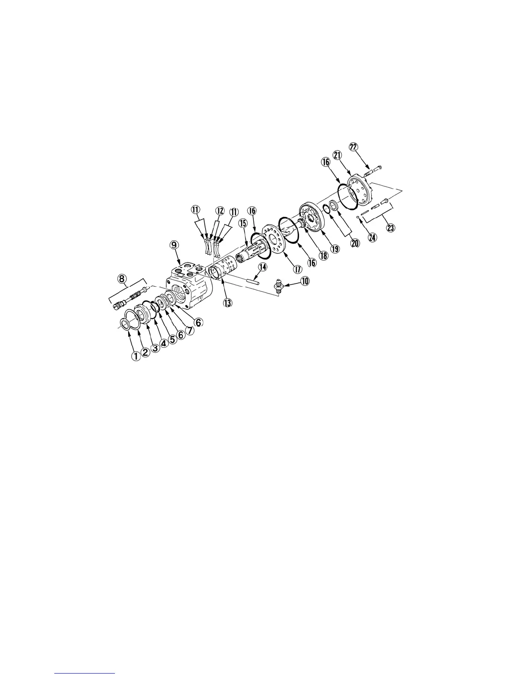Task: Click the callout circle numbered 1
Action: (x=136, y=356)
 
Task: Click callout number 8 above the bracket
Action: (x=123, y=279)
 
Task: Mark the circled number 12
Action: (x=220, y=211)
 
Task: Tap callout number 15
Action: (x=243, y=223)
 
